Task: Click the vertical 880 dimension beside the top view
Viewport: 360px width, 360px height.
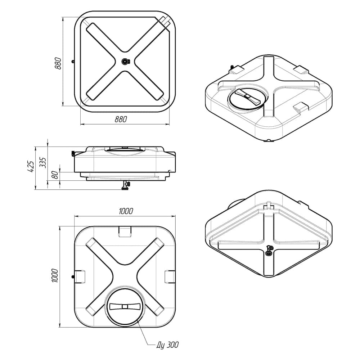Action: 58,63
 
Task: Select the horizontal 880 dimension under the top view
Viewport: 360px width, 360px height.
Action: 121,119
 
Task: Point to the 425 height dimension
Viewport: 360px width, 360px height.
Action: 31,166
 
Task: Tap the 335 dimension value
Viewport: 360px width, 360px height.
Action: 43,163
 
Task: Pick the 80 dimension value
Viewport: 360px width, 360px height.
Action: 55,175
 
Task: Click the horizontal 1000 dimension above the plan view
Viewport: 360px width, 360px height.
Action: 126,211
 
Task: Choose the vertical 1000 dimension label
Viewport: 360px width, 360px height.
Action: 55,275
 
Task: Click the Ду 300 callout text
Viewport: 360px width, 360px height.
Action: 168,345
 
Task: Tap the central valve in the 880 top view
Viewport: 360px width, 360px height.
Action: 125,61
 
